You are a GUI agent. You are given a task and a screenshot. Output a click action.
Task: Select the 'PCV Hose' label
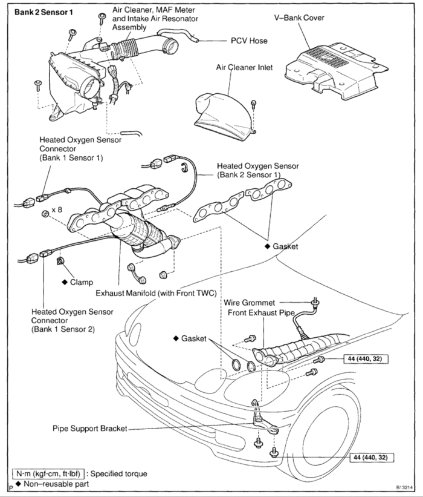tap(248, 41)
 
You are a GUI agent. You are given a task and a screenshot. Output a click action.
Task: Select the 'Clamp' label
tap(82, 282)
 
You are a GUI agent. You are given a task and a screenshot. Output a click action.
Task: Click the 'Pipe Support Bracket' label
tap(89, 428)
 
